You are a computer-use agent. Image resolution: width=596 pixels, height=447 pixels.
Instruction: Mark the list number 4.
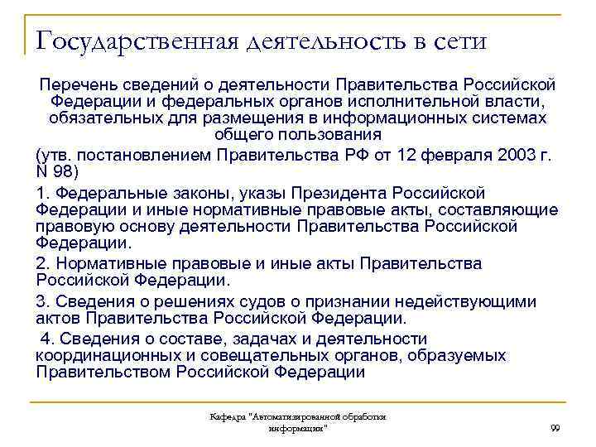[46, 339]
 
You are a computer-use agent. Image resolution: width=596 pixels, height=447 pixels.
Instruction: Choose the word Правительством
[103, 372]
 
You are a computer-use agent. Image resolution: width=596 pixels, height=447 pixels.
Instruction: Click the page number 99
[555, 427]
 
